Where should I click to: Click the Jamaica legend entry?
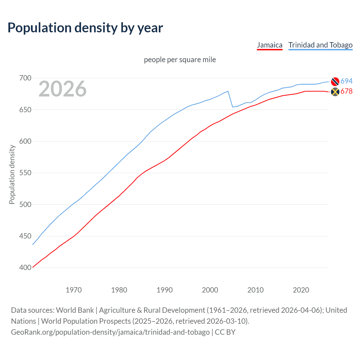point(269,45)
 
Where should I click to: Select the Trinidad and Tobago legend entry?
point(320,45)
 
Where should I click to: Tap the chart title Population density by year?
point(85,28)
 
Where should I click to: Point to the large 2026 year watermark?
point(62,89)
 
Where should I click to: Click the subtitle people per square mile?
point(180,60)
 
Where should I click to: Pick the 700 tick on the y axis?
point(25,78)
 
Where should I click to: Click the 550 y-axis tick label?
point(25,173)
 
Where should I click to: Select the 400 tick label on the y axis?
point(25,267)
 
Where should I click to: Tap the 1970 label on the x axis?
point(74,290)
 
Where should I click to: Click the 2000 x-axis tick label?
point(210,290)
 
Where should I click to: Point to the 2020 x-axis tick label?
point(301,290)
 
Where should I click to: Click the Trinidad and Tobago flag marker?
point(335,81)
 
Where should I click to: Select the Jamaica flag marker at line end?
point(335,92)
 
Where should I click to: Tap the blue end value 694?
point(346,81)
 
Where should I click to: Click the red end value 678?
point(346,91)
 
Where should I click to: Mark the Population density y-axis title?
point(12,174)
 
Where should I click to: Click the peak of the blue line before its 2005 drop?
point(228,91)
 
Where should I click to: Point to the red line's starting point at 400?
point(33,267)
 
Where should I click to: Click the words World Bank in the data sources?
point(75,310)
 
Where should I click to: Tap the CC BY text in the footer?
point(225,332)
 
